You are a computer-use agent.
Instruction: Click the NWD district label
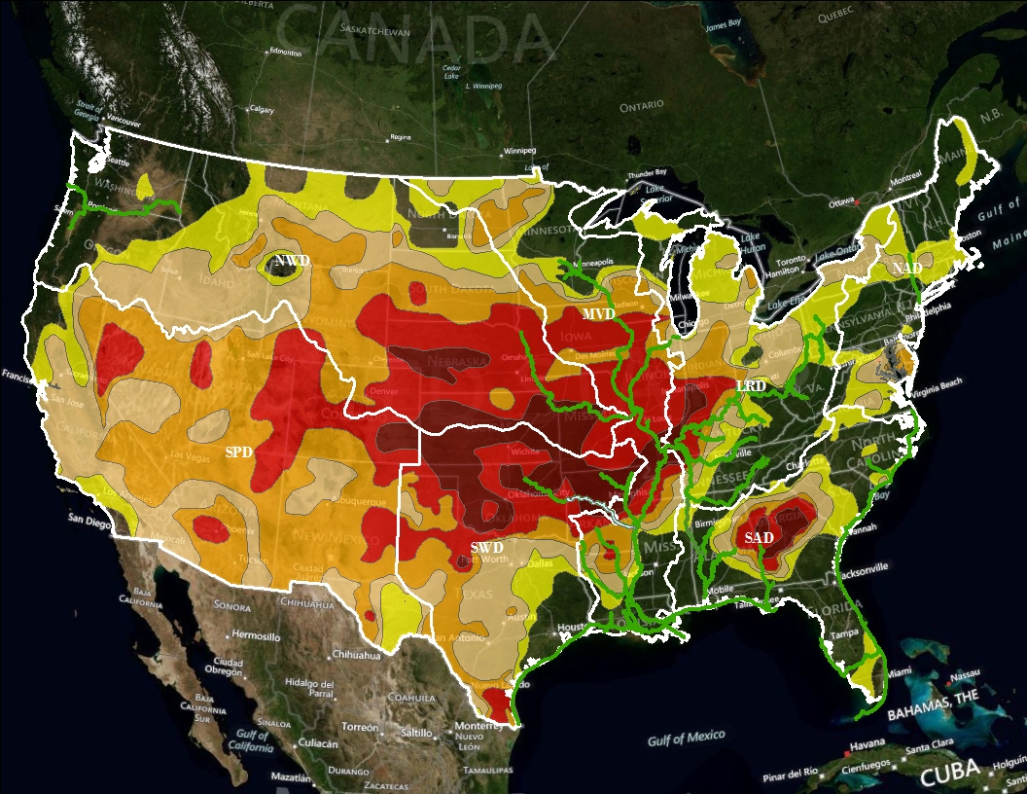[291, 261]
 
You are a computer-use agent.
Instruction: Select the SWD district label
[486, 548]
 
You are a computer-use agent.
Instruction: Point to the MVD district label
[598, 314]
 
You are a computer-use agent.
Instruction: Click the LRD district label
[751, 386]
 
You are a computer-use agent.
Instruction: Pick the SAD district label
[759, 538]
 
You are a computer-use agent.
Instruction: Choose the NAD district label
[907, 267]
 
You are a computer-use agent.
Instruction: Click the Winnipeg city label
[518, 152]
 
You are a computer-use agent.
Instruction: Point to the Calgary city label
[262, 109]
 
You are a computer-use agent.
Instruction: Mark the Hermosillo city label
[256, 636]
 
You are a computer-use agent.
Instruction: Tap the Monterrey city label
[477, 726]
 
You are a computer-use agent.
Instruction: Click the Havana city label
[859, 745]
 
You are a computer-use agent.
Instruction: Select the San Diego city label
[89, 520]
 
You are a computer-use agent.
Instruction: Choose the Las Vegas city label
[190, 455]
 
